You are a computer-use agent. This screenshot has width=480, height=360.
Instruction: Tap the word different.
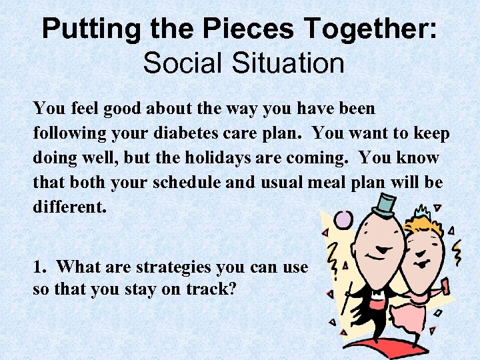click(x=69, y=207)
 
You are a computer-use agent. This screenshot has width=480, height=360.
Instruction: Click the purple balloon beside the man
click(x=343, y=219)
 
